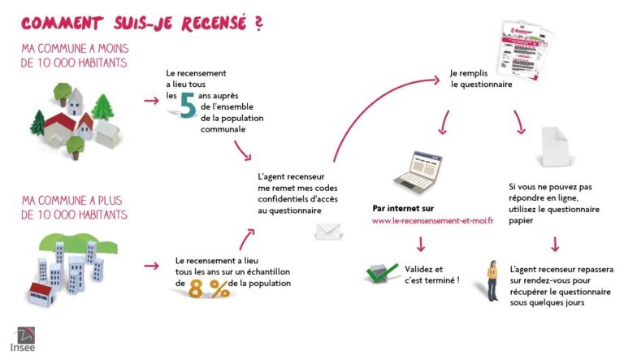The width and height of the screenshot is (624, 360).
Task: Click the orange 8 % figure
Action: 209,287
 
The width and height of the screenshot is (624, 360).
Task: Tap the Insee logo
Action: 23,340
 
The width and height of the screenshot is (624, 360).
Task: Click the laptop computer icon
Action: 418,171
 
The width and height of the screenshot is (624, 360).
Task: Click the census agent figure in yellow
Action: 492,280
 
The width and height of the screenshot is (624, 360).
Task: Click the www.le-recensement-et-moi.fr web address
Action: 432,221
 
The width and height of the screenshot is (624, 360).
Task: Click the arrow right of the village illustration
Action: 150,102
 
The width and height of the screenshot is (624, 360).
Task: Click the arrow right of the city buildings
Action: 150,266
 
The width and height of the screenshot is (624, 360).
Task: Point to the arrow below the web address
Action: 421,244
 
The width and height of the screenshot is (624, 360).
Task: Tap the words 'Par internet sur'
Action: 403,208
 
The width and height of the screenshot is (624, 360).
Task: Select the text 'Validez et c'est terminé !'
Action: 431,274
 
